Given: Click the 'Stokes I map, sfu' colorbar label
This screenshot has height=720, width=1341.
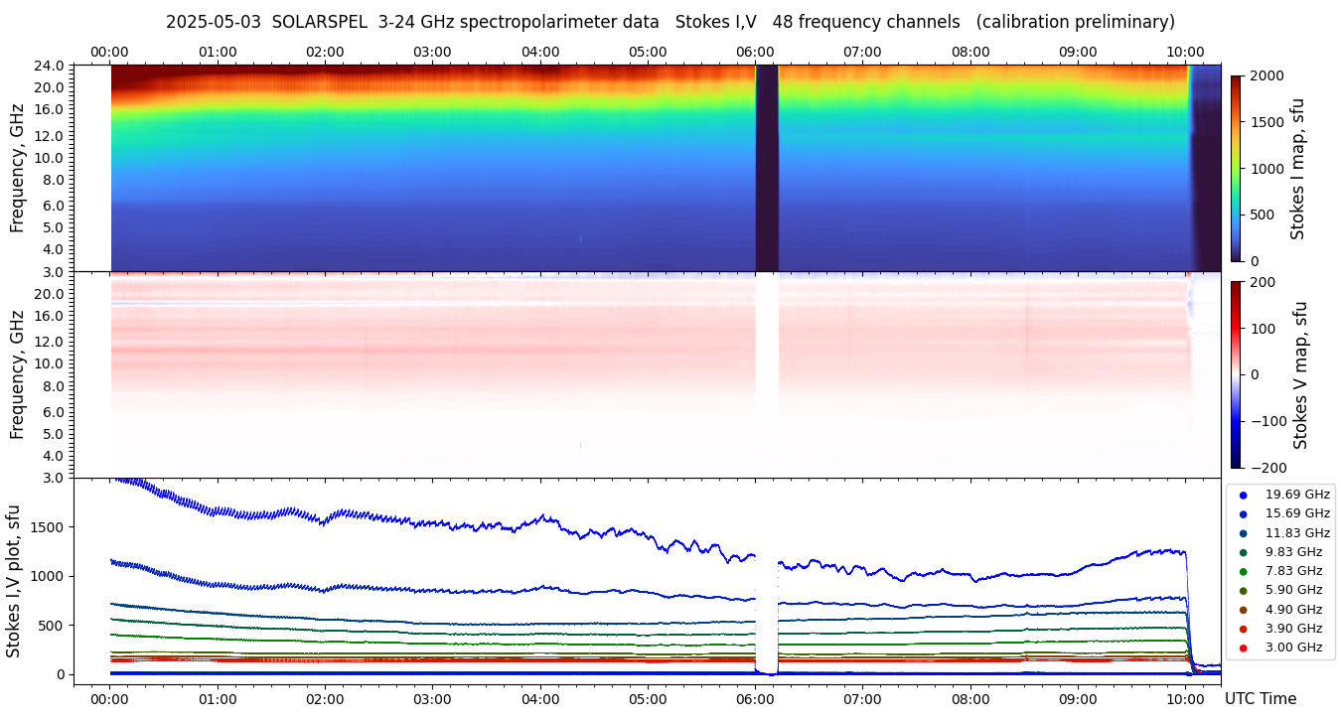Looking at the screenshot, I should [x=1298, y=169].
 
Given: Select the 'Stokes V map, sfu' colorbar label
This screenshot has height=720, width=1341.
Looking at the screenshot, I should [x=1300, y=374].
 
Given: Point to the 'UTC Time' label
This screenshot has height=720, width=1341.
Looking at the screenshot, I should [x=1260, y=699].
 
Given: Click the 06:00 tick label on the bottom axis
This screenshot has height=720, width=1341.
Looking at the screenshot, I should [x=756, y=699].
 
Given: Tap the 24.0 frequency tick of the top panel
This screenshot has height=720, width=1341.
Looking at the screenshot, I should [x=53, y=66].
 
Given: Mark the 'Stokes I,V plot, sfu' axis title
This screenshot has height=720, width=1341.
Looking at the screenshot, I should [x=14, y=580].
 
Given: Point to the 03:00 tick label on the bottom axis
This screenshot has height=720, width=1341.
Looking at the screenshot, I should [x=432, y=699].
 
